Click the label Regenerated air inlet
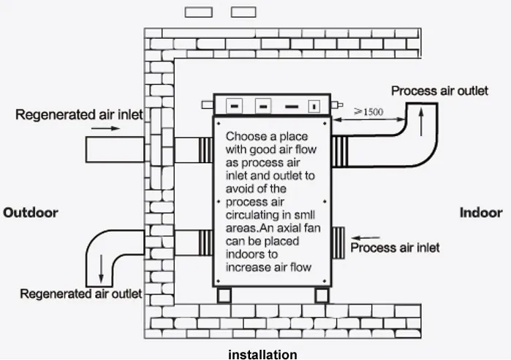[79, 115]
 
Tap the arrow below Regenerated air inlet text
[105, 128]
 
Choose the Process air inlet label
[395, 248]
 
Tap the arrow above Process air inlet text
[368, 237]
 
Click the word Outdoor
[31, 213]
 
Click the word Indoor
[480, 213]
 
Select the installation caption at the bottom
[262, 354]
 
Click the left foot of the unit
[224, 295]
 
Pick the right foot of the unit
[322, 295]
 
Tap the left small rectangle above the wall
[198, 12]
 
